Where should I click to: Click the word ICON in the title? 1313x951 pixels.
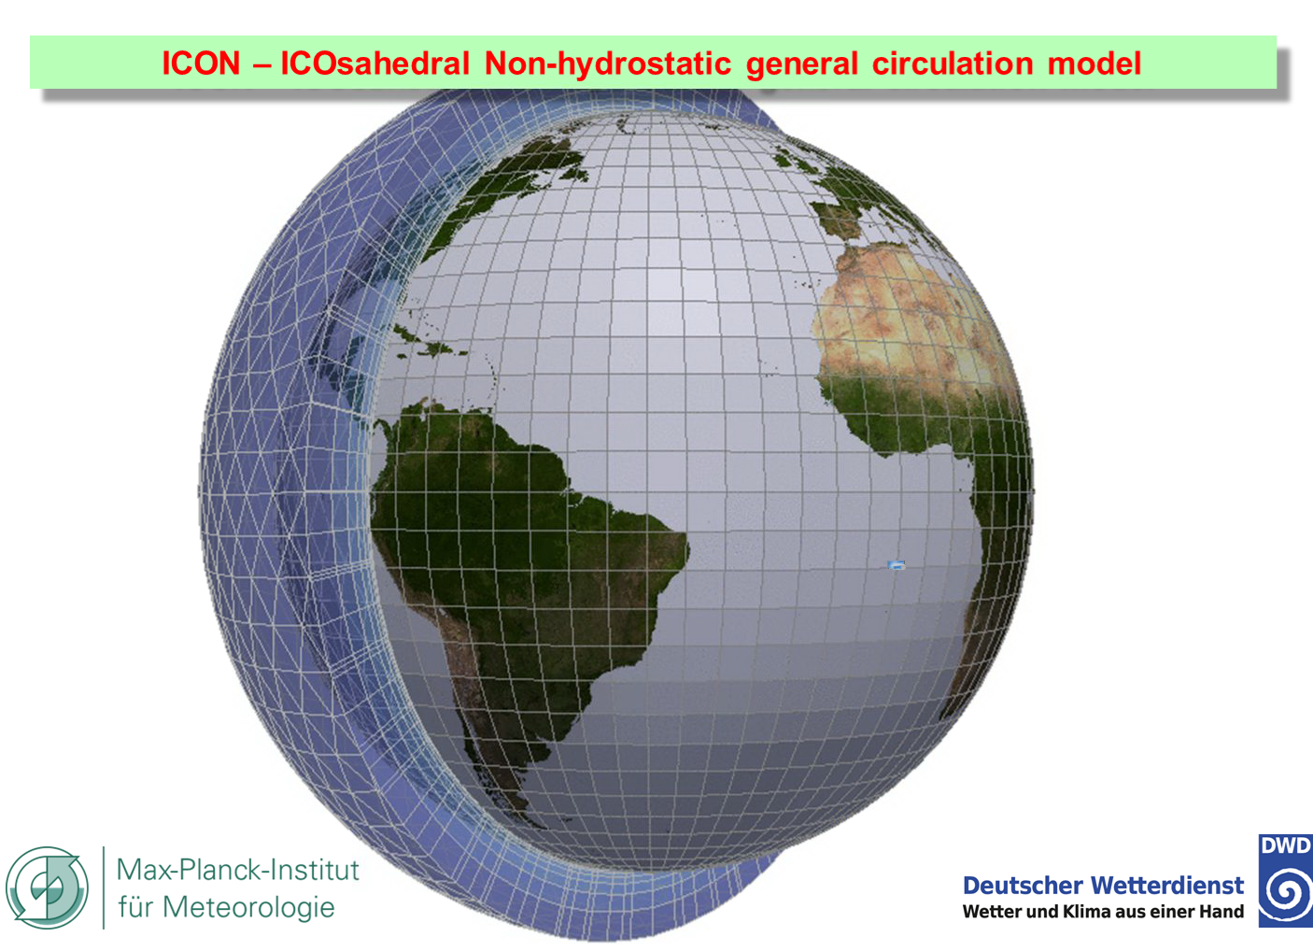coord(201,64)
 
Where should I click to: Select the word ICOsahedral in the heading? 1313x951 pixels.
coord(375,64)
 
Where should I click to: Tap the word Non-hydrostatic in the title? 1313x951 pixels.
coord(608,64)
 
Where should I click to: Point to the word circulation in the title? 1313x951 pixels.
coord(953,64)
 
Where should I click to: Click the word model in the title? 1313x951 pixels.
coord(1094,64)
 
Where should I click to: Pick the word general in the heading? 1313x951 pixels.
coord(802,65)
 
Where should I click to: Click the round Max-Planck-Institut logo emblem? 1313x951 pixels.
coord(47,887)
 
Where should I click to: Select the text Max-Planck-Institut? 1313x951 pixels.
coord(237,870)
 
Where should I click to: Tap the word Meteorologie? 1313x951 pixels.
coord(248,908)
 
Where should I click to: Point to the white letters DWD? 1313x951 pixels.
coord(1285,845)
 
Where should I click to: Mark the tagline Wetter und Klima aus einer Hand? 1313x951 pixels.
coord(1103,912)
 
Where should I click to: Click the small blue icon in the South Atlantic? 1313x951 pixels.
coord(897,565)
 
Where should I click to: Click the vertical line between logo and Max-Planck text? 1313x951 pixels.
coord(104,887)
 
